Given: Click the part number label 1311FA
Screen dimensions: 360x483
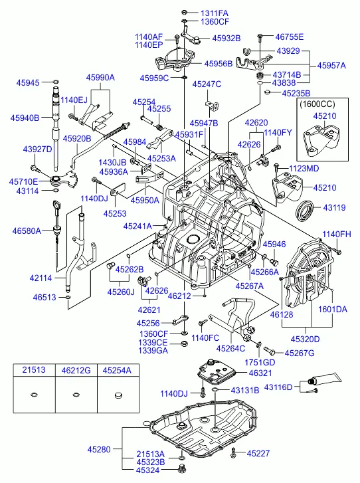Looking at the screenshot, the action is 215,13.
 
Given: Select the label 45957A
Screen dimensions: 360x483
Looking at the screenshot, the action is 331,66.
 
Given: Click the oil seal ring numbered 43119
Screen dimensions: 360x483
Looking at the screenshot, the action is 305,211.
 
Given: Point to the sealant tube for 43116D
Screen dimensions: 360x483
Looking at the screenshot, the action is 325,379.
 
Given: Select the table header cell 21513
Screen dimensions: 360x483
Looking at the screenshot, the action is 34,370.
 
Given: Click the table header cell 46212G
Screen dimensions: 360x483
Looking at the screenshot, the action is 76,370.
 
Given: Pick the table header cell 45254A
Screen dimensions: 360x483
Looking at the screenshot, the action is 117,370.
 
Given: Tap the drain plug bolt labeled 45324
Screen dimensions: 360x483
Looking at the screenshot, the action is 182,469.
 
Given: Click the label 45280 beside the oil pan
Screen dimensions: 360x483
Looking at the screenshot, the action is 99,449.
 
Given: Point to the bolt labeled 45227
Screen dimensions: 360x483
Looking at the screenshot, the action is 234,452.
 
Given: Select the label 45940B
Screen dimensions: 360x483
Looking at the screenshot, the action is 25,118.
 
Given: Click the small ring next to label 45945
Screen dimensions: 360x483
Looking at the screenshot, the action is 56,82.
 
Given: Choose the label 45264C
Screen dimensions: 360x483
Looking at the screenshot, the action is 230,348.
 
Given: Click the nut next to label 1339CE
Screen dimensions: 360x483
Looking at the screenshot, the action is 183,343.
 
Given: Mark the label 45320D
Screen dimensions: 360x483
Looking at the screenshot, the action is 305,339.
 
